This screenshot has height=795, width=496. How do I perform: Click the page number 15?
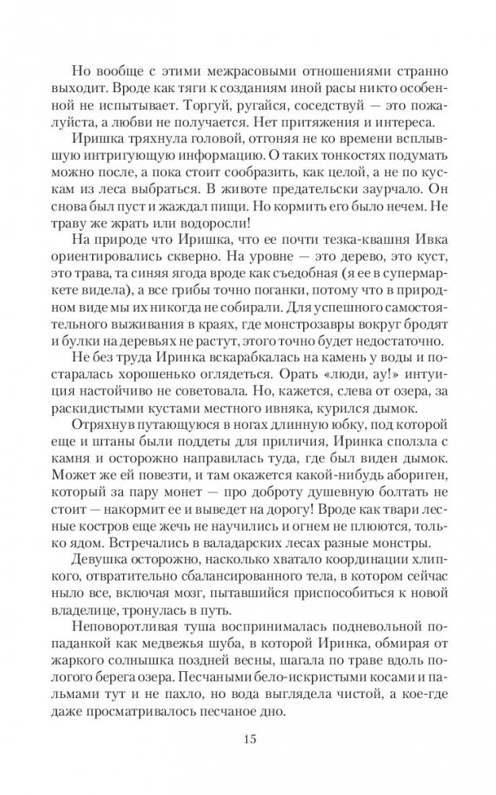[x=248, y=739]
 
